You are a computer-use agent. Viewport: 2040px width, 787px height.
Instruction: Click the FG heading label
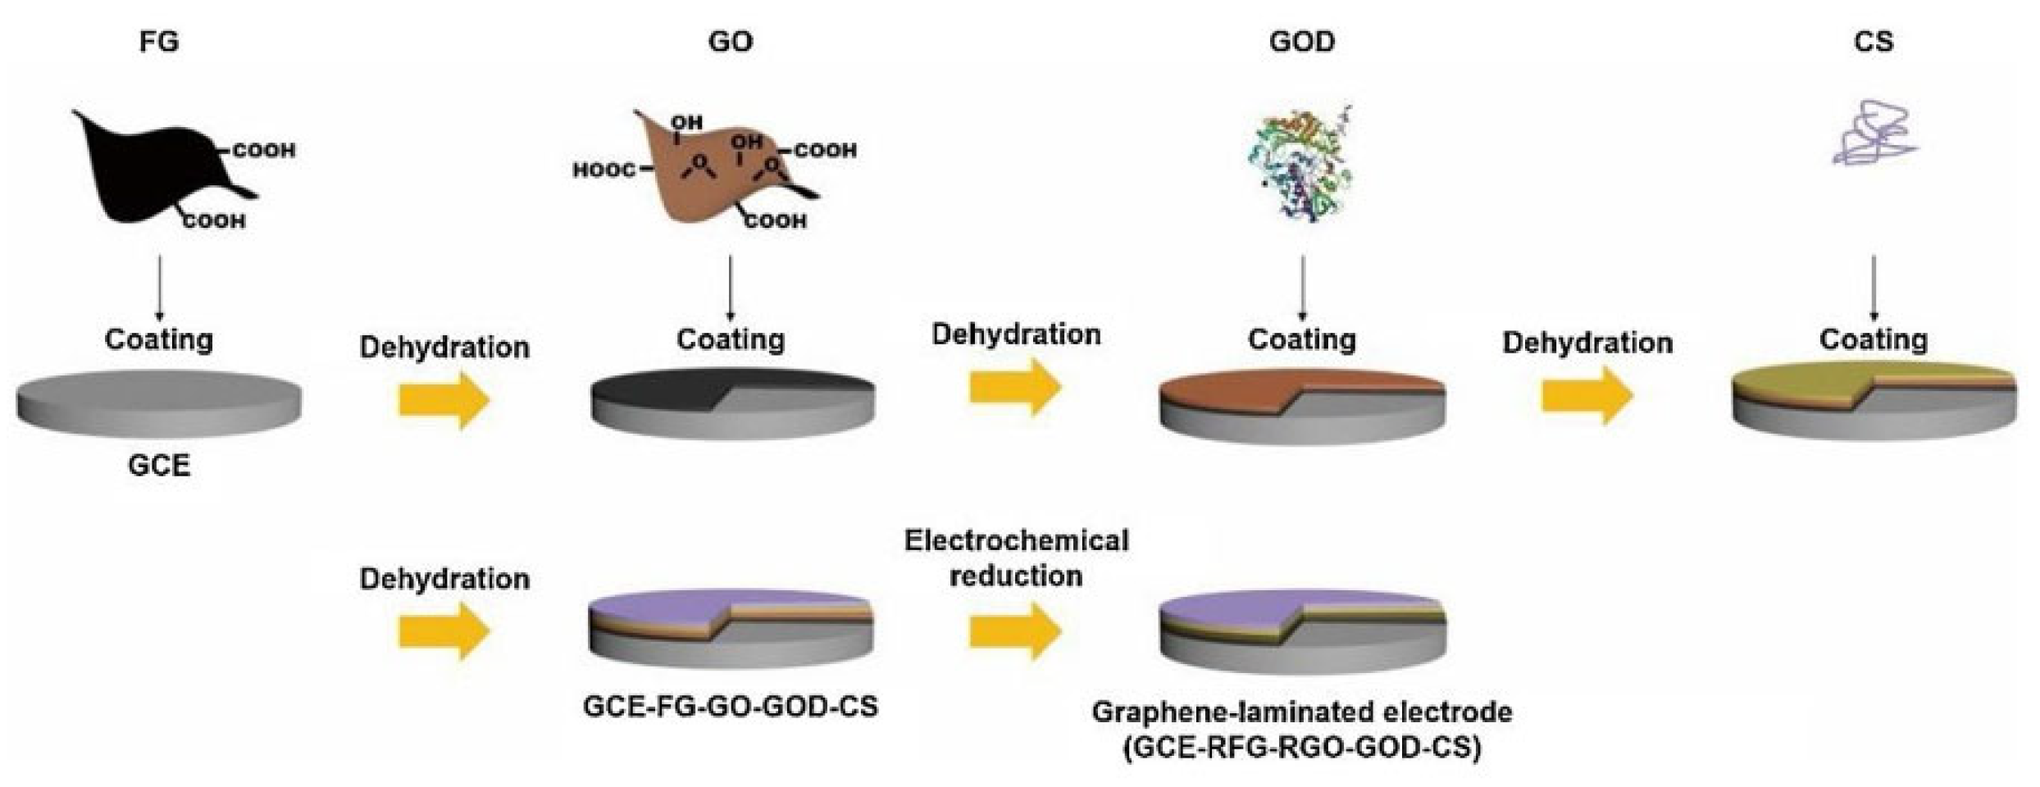pos(159,41)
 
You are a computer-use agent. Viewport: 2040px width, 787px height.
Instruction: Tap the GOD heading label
pos(1302,41)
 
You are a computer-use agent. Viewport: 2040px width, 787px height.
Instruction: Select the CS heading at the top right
pos(1874,41)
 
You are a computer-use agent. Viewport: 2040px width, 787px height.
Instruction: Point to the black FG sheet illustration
pos(148,172)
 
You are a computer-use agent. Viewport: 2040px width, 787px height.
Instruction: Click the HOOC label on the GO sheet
pos(604,171)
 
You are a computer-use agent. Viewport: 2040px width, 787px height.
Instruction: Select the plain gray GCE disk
pos(159,402)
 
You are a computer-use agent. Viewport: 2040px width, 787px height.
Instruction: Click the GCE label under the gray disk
pos(159,466)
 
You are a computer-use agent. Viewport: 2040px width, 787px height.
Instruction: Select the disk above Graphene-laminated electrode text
pos(1302,631)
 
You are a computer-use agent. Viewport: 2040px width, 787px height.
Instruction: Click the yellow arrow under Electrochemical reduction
pos(1015,631)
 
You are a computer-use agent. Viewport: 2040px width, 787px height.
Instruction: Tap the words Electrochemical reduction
pos(1016,558)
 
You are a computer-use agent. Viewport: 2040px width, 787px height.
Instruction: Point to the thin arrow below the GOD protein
pos(1302,287)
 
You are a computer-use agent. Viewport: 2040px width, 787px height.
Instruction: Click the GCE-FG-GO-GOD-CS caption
pos(730,707)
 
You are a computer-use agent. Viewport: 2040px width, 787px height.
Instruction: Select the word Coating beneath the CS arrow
pos(1874,339)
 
